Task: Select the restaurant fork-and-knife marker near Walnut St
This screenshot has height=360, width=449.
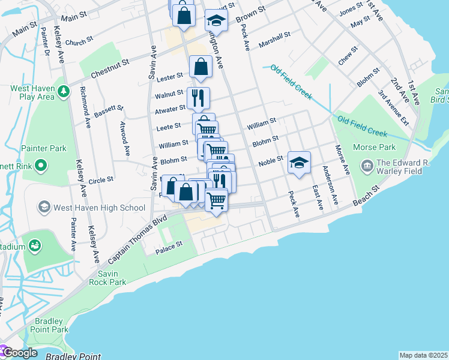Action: click(x=197, y=97)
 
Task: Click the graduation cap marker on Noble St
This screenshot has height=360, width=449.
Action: click(x=299, y=162)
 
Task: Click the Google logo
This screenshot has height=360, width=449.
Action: click(x=20, y=353)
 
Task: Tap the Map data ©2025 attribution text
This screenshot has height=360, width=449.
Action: click(x=423, y=355)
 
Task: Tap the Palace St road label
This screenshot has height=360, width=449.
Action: click(x=169, y=247)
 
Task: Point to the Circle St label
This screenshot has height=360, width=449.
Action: click(x=100, y=179)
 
